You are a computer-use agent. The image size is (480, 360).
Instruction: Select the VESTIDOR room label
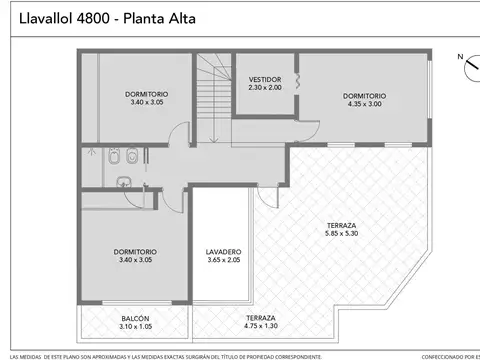click(265, 79)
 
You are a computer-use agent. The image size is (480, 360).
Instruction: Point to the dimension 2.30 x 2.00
click(265, 87)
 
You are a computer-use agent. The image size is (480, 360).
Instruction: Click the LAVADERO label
click(223, 251)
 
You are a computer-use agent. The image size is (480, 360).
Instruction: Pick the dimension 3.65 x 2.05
click(223, 260)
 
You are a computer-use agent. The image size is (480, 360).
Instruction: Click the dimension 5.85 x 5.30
click(342, 233)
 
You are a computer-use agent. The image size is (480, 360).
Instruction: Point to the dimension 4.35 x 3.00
click(364, 104)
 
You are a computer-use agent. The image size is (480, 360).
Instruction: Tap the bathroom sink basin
click(124, 181)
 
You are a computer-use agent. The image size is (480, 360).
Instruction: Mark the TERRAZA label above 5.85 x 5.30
click(342, 225)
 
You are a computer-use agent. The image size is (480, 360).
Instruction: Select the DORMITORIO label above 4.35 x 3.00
click(364, 96)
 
